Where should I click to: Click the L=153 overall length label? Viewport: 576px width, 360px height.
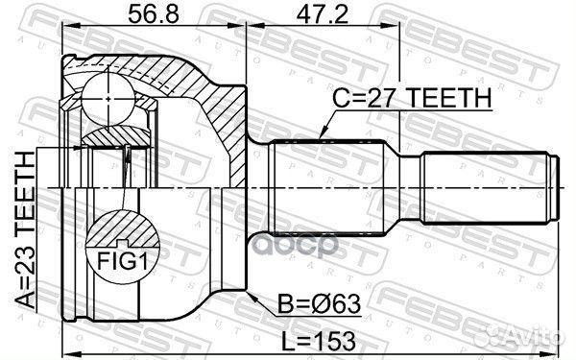pyautogui.click(x=311, y=339)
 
